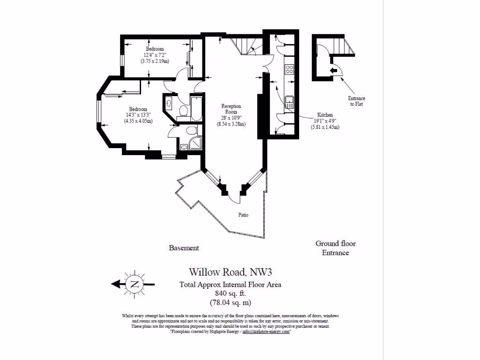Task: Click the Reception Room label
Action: tap(231, 109)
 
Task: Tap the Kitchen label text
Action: tap(325, 115)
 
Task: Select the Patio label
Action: tap(242, 215)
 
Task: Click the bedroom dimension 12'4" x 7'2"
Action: tap(154, 55)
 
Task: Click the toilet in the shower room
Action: tap(191, 130)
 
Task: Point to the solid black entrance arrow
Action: tap(333, 70)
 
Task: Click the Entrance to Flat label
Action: tap(356, 101)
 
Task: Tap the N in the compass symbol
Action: tap(135, 284)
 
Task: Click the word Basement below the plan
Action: tap(184, 248)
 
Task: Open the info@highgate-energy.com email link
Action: tap(266, 331)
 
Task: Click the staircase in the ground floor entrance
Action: tap(342, 47)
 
